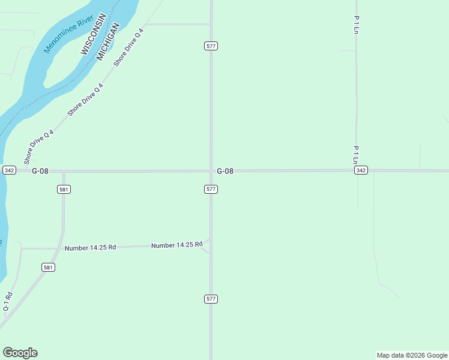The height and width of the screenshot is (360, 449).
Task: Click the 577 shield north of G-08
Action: [x=211, y=46]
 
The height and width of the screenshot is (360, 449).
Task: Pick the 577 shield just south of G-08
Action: [x=211, y=189]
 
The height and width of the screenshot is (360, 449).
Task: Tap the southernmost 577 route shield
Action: [x=211, y=299]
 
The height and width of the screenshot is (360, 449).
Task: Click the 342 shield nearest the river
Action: [x=9, y=170]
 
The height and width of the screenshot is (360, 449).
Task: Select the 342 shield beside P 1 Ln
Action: [x=361, y=170]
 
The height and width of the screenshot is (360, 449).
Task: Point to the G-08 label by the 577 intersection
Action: [x=225, y=171]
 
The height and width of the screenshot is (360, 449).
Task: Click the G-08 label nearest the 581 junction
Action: [x=40, y=171]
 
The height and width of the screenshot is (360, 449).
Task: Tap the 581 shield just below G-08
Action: [x=64, y=190]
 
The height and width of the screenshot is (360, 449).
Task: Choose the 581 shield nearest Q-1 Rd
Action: [x=49, y=267]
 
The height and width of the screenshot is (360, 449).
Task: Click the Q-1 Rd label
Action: [x=8, y=301]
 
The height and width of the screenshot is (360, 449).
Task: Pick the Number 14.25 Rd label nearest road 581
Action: [x=90, y=248]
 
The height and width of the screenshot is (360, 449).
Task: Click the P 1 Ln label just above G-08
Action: [x=356, y=155]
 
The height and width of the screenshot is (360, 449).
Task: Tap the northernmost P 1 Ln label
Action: [x=356, y=25]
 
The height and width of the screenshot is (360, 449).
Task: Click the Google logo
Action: [x=20, y=353]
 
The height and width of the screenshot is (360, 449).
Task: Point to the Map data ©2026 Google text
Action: [x=412, y=355]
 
